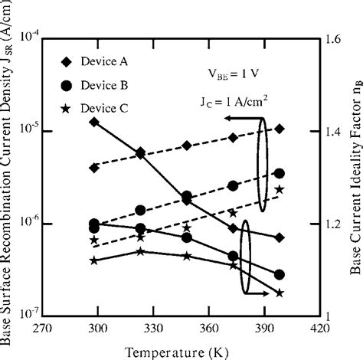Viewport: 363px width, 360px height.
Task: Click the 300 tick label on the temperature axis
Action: coord(96,328)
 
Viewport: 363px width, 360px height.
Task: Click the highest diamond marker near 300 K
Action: coord(94,122)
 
